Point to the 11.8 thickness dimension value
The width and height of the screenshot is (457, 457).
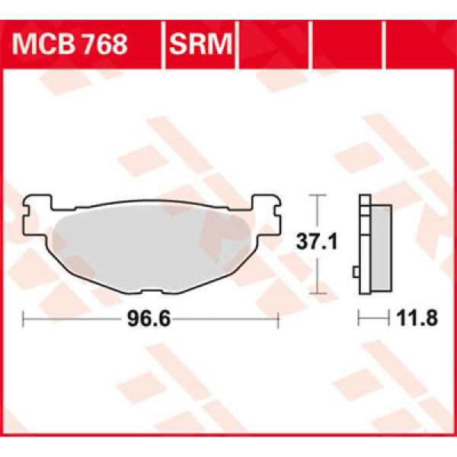tap(419, 321)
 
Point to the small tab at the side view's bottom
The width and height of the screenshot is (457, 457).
tap(356, 272)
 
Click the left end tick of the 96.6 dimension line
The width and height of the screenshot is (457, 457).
tap(24, 321)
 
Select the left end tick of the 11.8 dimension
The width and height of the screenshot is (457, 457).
tap(360, 321)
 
